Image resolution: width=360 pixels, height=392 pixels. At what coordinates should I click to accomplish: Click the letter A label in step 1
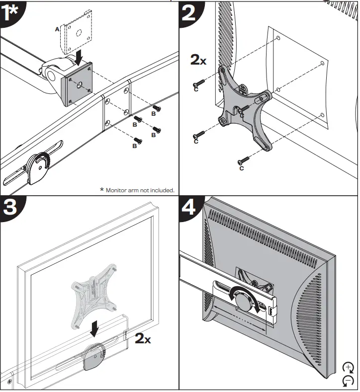tap(57, 30)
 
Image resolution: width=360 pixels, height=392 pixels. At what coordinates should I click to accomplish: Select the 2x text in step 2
tap(198, 60)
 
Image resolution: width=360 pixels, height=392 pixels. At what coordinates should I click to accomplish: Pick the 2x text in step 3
tap(143, 339)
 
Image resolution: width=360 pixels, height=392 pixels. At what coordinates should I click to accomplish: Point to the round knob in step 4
tap(244, 301)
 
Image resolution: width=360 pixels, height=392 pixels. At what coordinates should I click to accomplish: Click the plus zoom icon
tap(348, 368)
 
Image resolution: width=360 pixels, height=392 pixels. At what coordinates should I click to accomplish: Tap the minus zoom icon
tap(348, 381)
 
